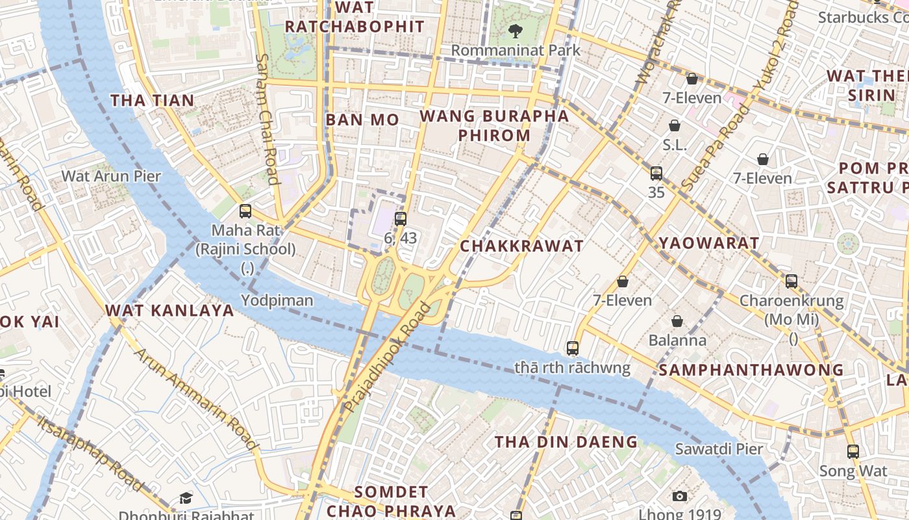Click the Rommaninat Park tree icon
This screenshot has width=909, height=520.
point(516,30)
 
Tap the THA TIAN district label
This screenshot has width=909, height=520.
point(152,100)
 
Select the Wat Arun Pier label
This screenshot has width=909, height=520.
point(111,175)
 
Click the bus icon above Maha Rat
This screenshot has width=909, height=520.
point(245,211)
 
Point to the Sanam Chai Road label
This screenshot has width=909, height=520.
point(268,120)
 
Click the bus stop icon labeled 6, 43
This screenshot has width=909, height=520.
point(401,219)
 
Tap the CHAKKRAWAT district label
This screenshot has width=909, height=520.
point(521,246)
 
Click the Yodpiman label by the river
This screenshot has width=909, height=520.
point(277,300)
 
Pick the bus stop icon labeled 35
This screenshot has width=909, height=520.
point(656,174)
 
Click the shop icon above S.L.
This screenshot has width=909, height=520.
point(675,125)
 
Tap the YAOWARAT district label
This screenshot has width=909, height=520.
point(708,243)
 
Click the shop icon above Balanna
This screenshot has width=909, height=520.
point(677,321)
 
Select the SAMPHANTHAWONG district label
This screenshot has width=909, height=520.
point(751,370)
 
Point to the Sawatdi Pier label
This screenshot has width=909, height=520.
point(719,448)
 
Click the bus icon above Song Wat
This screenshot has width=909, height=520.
point(853,451)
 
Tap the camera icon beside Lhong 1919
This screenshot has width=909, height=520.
point(680,497)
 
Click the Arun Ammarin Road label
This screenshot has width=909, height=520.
point(197,400)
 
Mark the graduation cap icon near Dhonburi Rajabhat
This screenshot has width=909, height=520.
point(186,498)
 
